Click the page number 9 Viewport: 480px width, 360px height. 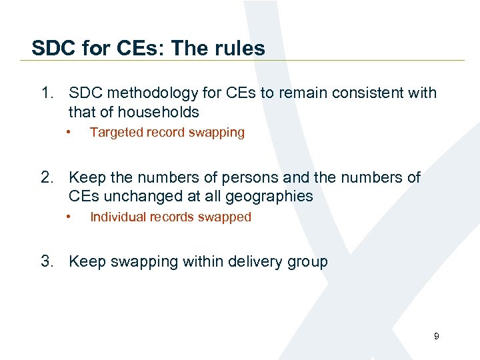(437, 337)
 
